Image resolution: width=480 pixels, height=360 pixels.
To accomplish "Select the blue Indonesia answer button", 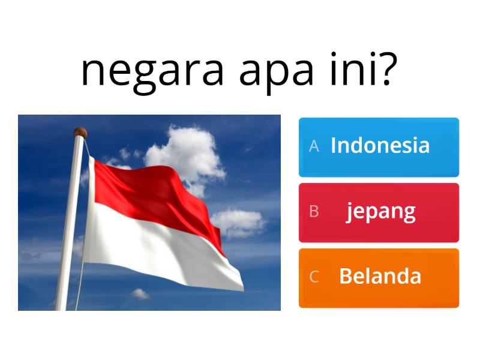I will point(379,147).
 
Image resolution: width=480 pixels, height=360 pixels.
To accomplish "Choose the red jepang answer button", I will point(379,212).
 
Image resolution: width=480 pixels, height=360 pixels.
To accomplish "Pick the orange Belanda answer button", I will point(379,278).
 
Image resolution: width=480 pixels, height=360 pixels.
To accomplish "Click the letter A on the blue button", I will point(314,146).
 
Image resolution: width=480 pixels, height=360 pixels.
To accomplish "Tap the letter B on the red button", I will point(314,212).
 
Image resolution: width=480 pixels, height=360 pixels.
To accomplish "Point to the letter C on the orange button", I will point(314,277).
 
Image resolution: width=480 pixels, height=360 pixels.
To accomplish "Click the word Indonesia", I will point(380,146).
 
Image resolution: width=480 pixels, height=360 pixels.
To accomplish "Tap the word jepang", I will point(380,212).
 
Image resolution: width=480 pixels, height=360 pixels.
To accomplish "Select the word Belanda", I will point(380,277).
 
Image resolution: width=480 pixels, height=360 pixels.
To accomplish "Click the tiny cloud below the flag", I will point(140,293).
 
